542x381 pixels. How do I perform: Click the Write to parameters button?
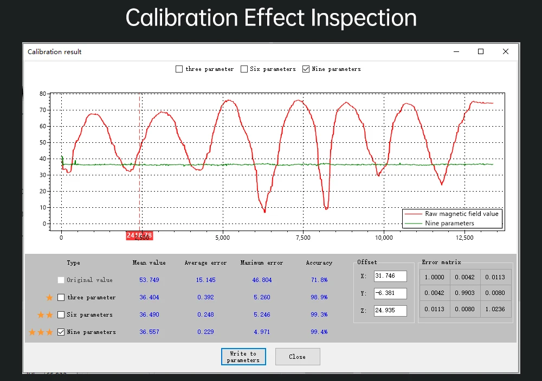pos(243,357)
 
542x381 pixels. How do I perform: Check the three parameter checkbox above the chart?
pos(179,69)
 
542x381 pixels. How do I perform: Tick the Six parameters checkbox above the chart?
pos(244,69)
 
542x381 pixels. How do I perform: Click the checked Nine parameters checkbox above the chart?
pos(306,69)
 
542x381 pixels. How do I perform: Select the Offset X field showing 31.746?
pos(390,276)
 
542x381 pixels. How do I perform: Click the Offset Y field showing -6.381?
pos(390,293)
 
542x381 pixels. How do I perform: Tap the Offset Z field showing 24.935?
pos(390,311)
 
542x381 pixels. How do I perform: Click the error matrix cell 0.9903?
pos(464,293)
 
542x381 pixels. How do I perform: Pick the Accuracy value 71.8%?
pos(319,280)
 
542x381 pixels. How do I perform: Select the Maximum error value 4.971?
pos(261,332)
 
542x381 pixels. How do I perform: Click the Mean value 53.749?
pos(149,280)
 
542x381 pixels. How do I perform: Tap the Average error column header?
pos(205,263)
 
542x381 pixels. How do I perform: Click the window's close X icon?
pos(506,51)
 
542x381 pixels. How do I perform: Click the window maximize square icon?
pos(480,51)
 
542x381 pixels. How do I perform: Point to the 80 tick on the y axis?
pos(42,94)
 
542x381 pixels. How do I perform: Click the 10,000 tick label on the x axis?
pos(384,238)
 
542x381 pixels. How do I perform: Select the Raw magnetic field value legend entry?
pos(461,214)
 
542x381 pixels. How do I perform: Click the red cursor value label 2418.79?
pos(139,236)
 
